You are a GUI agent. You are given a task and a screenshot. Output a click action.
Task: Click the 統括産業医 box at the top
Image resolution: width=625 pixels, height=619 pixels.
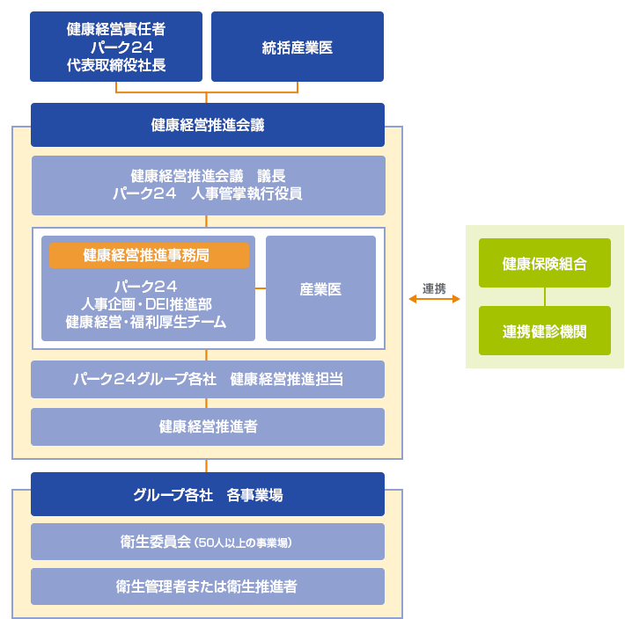(298, 47)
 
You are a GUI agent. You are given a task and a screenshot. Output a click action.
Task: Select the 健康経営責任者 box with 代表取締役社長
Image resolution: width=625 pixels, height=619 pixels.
(116, 47)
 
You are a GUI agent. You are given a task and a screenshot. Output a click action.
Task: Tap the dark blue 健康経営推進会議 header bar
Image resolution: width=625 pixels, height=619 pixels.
(208, 125)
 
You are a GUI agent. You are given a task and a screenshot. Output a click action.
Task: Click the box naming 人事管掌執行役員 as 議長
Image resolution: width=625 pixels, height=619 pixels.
(208, 186)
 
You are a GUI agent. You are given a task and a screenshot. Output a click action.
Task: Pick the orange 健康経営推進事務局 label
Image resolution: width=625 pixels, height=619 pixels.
(149, 255)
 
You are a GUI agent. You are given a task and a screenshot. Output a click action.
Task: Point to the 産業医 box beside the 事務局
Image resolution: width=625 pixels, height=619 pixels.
(320, 288)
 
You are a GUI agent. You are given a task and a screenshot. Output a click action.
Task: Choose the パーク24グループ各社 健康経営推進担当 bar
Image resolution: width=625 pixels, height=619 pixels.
(208, 380)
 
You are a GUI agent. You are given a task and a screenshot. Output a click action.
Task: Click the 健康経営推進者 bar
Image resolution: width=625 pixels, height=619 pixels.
(208, 427)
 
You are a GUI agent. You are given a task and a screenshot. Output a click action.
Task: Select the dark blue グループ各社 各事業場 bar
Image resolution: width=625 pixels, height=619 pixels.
(208, 495)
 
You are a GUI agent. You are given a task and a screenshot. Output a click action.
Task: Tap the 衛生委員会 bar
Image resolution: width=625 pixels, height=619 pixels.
(208, 542)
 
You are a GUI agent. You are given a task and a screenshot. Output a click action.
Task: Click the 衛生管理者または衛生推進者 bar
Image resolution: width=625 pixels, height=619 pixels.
(208, 586)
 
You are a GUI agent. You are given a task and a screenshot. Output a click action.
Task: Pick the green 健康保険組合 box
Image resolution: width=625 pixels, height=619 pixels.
(544, 264)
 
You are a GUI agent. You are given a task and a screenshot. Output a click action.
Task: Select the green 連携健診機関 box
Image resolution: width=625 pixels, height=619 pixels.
(544, 331)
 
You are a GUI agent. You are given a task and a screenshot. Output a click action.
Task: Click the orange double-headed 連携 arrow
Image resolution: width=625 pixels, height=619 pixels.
(434, 299)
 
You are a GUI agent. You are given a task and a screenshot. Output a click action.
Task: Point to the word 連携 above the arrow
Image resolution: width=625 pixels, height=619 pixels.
(434, 287)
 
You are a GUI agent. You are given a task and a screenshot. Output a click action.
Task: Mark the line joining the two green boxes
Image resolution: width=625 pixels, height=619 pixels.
(544, 297)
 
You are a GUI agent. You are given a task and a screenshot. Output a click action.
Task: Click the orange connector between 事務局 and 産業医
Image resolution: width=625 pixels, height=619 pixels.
(261, 288)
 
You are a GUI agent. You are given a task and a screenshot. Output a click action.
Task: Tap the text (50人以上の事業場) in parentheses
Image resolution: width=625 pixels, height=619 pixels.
(244, 543)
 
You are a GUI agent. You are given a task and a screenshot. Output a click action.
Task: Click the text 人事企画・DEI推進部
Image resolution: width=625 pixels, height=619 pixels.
(146, 304)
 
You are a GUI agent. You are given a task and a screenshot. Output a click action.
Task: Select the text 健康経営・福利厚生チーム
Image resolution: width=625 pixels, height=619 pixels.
(146, 322)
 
